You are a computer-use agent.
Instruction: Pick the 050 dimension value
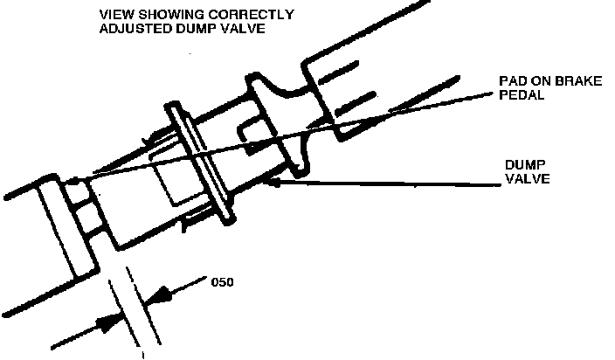tap(223, 282)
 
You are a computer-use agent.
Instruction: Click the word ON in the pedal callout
tap(537, 81)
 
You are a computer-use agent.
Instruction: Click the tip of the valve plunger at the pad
tap(74, 183)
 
